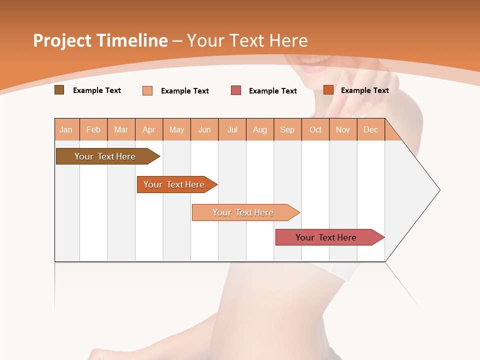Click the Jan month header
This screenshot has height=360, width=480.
pos(66,129)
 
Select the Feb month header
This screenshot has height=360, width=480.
pos(93,129)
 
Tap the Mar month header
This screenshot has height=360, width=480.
pos(121,129)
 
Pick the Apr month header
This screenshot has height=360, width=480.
pos(149,129)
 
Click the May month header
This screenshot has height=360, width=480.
pos(176,129)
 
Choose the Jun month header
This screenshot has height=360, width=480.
pos(204,129)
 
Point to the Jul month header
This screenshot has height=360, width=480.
pos(232,129)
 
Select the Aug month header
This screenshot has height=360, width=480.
pos(260,129)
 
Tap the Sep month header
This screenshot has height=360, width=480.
pos(287,129)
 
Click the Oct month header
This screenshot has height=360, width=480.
pos(315,129)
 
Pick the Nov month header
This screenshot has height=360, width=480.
pos(343,129)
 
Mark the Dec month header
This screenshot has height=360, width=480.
pos(371,129)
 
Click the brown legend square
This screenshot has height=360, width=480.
pos(59,90)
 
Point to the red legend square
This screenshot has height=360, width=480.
pos(236,90)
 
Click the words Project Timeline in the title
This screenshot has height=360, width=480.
pos(100,40)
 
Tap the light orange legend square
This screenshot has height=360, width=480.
pos(147,90)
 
